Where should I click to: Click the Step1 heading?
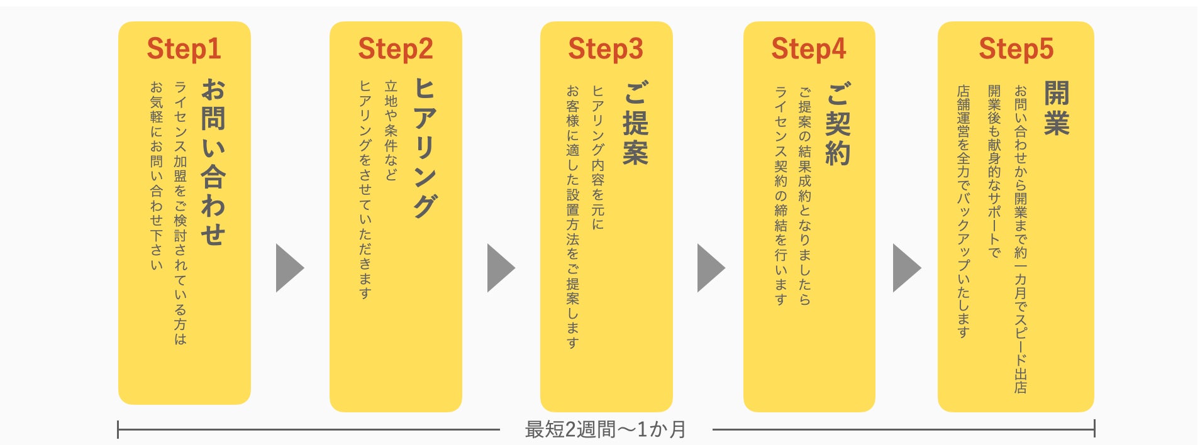point(184,49)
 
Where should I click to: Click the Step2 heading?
point(396,49)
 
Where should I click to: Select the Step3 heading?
point(606,49)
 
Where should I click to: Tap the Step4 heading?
point(809,49)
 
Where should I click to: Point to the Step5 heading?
point(1016,49)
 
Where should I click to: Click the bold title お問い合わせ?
point(213,162)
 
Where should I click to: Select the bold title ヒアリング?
point(425,148)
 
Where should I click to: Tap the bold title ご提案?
point(635,123)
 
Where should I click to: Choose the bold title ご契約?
point(838,123)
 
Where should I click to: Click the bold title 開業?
point(1057,108)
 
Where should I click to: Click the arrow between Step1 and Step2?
point(289,268)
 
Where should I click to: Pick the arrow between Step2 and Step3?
point(501,268)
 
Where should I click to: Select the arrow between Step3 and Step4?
point(711,268)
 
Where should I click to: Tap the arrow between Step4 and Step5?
point(906,268)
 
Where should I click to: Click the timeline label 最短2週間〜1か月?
point(605,430)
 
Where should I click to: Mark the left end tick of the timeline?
point(118,430)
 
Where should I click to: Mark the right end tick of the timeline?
point(1094,430)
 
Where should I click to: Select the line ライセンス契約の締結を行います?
point(781,195)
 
